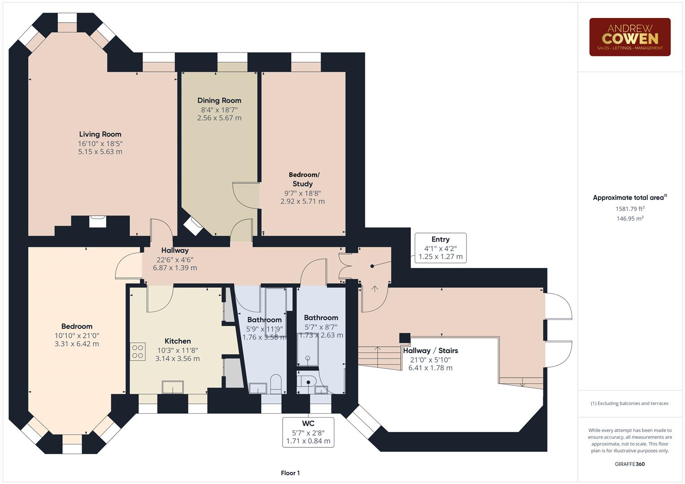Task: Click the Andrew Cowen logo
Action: click(629, 37)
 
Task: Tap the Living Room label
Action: click(100, 134)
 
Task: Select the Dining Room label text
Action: click(219, 100)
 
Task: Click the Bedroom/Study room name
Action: click(303, 179)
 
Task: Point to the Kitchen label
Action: click(178, 341)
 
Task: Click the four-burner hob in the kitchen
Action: click(138, 351)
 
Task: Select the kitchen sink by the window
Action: click(173, 387)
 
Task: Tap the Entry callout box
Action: click(440, 248)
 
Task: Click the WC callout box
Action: click(308, 432)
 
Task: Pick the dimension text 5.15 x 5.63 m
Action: click(100, 152)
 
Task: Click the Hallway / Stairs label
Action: click(430, 350)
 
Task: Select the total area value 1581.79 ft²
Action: click(630, 208)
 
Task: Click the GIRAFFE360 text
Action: click(629, 464)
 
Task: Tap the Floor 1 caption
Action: click(290, 473)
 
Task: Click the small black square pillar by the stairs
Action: click(405, 338)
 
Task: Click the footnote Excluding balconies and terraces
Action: click(629, 403)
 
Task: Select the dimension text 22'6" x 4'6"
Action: click(175, 259)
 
